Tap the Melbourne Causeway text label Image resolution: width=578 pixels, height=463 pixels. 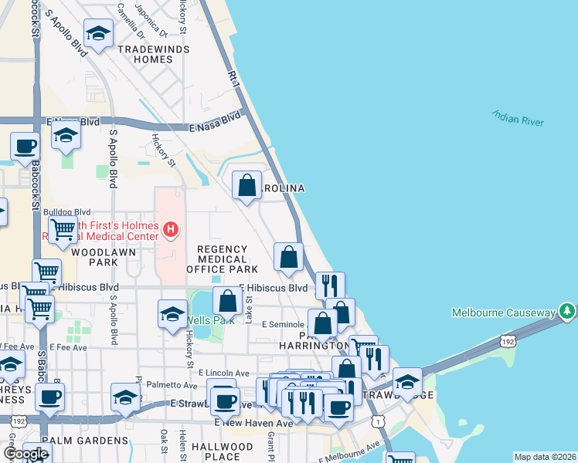tap(502, 313)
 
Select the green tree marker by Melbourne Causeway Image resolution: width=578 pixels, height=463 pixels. tap(567, 311)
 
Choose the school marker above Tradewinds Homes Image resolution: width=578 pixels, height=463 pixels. tap(98, 33)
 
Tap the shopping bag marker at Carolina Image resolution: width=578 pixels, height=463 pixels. tap(247, 186)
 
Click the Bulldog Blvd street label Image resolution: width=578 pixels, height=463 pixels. tap(67, 211)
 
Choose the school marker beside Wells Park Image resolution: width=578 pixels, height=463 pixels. tap(172, 314)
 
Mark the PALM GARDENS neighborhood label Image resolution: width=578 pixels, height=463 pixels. tap(85, 441)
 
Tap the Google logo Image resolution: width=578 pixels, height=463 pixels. tap(25, 454)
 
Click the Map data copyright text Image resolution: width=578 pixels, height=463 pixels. tap(545, 457)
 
